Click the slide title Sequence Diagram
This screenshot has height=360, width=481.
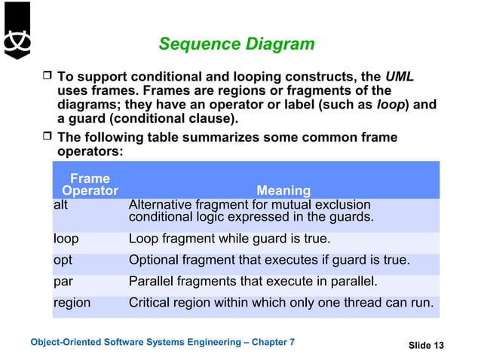coord(236,44)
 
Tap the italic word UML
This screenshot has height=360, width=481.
coord(400,77)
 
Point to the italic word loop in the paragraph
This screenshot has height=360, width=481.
coord(391,105)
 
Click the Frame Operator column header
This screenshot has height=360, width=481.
coord(90,185)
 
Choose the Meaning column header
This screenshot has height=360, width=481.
coord(283,191)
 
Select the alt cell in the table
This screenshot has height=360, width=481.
coord(61,205)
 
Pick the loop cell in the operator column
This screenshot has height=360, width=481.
coord(66,239)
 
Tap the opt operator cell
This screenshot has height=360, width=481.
coord(63,261)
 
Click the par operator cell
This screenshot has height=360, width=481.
coord(63,282)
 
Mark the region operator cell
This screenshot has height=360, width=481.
coord(72,303)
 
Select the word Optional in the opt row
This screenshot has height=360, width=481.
coord(155,261)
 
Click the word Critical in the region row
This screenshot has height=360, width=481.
coord(150,303)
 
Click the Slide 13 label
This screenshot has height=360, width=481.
coord(426,346)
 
